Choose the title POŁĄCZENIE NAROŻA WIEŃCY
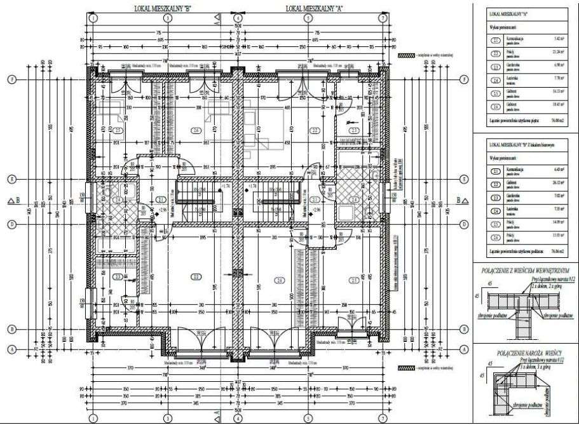521,351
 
